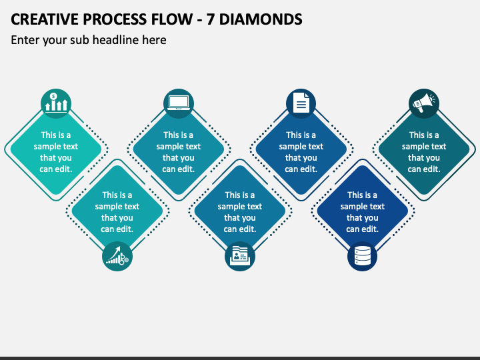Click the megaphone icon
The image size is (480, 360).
click(x=424, y=103)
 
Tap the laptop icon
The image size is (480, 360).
click(x=179, y=103)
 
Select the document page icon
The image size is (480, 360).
click(x=301, y=103)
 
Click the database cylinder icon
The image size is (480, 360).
click(x=363, y=256)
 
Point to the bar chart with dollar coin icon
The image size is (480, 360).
click(x=56, y=103)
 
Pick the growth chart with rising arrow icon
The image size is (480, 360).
click(x=117, y=256)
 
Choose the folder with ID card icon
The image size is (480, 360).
click(x=240, y=255)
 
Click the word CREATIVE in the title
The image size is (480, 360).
click(x=45, y=19)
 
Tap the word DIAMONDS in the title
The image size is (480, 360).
click(x=261, y=19)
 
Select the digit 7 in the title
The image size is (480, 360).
click(x=210, y=19)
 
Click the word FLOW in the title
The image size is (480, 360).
click(x=171, y=19)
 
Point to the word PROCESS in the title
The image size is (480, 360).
click(x=115, y=19)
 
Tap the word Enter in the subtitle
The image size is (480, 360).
click(x=25, y=40)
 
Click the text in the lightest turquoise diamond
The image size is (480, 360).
click(x=56, y=152)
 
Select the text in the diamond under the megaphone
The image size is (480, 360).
click(x=424, y=152)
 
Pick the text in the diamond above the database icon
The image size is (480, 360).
click(x=363, y=212)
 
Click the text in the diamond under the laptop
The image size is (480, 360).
click(x=179, y=152)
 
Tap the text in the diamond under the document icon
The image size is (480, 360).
click(x=301, y=152)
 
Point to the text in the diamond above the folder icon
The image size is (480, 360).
click(x=240, y=212)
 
